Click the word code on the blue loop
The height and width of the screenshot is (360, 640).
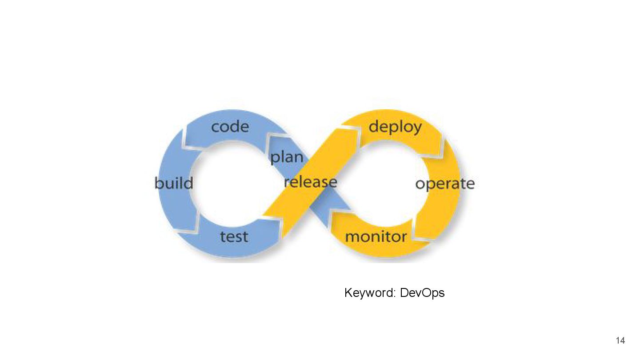[230, 127]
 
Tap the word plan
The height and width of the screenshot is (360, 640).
[287, 157]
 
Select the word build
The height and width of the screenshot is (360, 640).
[174, 183]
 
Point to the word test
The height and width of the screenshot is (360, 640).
[234, 236]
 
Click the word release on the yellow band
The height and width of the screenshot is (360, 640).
[310, 182]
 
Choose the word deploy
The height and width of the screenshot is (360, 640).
[395, 127]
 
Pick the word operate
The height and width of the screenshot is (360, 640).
[445, 184]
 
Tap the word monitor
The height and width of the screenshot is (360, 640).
[376, 236]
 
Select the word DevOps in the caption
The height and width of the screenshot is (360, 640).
[422, 293]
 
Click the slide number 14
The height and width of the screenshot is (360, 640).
[620, 340]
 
